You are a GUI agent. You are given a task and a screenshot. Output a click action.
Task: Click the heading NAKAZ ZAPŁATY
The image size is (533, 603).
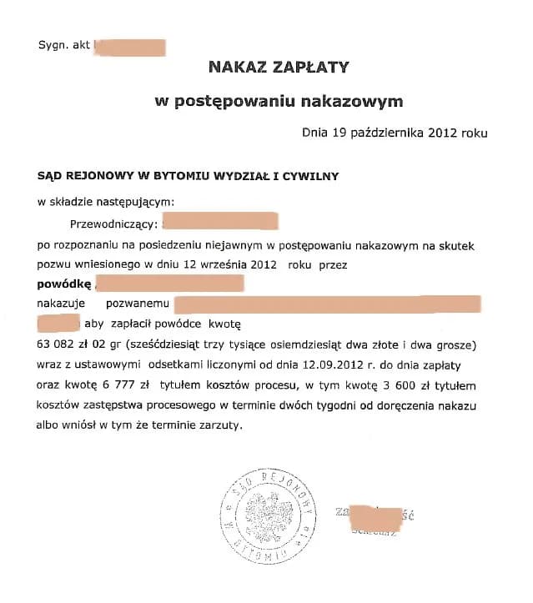pyautogui.click(x=279, y=68)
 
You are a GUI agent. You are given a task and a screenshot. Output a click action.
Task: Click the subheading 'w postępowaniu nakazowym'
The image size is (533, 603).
pyautogui.click(x=279, y=102)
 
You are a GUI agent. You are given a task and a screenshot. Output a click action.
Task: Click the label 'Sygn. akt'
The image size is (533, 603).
pyautogui.click(x=63, y=44)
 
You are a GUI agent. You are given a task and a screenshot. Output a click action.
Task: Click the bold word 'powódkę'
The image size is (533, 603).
pyautogui.click(x=63, y=285)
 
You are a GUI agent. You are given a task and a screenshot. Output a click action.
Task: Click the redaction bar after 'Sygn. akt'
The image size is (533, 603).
pyautogui.click(x=130, y=46)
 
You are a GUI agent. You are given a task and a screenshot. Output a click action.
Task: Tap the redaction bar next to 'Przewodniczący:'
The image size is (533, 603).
pyautogui.click(x=219, y=222)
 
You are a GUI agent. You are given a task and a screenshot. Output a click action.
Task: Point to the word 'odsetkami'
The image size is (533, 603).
pyautogui.click(x=179, y=365)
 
